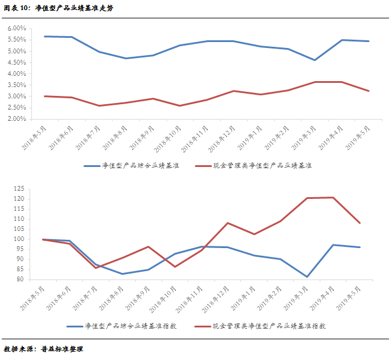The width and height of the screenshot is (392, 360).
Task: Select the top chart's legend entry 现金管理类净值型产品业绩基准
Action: pyautogui.click(x=263, y=166)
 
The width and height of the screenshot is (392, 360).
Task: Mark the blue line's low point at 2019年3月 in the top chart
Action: pyautogui.click(x=314, y=60)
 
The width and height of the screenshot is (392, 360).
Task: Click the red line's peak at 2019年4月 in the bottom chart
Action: pyautogui.click(x=333, y=198)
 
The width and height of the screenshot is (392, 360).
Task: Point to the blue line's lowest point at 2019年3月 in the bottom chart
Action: pyautogui.click(x=307, y=277)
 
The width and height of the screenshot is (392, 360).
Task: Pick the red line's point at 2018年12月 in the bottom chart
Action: pyautogui.click(x=228, y=223)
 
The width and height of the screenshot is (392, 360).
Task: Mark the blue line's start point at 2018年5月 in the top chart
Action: pyautogui.click(x=45, y=37)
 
